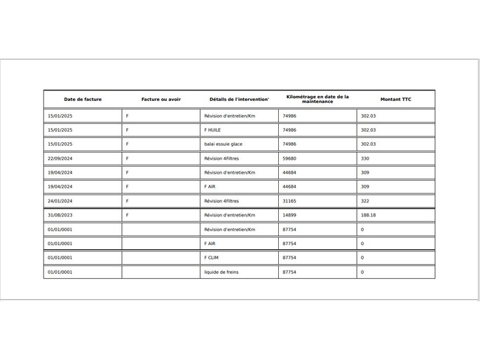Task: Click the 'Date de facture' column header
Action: coord(83,99)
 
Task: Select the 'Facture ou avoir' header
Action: coord(161,99)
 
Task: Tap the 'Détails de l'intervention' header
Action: coord(239,99)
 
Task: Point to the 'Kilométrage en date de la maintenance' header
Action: coord(317,99)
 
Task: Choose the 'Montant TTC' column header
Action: coord(396,99)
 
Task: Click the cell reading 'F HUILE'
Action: coord(212,130)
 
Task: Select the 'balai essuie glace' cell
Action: coord(224,144)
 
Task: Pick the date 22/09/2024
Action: coord(60,159)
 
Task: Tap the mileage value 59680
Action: coord(289,159)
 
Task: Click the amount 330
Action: coord(365,159)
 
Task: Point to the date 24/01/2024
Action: coord(60,201)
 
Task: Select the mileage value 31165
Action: coord(289,201)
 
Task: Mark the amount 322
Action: coord(365,201)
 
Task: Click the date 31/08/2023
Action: coord(60,216)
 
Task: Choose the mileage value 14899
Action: coord(289,216)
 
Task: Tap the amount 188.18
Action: coord(369,216)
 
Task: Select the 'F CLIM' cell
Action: coord(212,258)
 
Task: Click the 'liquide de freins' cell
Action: coord(221,272)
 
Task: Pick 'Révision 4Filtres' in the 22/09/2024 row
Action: coord(221,159)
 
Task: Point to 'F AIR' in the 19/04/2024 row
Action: coord(210,187)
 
